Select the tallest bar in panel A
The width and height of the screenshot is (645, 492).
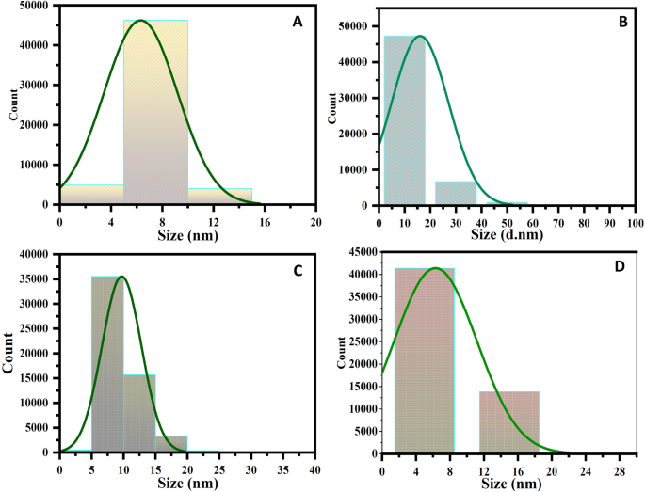tap(155, 113)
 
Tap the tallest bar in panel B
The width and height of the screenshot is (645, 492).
tap(404, 122)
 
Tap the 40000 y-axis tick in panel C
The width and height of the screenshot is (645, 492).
tap(37, 254)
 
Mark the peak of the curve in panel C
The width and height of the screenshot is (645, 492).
tap(121, 277)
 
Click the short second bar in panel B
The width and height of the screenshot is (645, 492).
tap(455, 193)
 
